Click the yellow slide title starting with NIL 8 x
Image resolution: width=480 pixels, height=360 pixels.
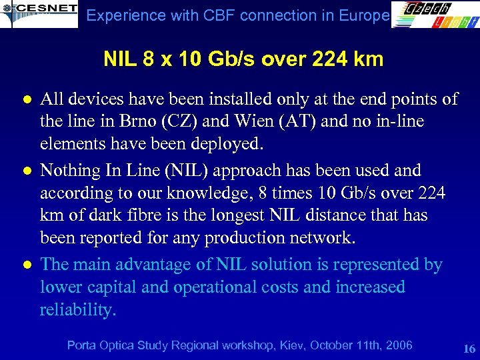(243, 59)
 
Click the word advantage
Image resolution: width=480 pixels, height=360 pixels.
(159, 265)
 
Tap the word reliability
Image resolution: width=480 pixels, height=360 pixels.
(77, 310)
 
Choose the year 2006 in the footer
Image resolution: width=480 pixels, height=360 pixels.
(398, 345)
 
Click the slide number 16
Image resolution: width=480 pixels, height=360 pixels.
(469, 349)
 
